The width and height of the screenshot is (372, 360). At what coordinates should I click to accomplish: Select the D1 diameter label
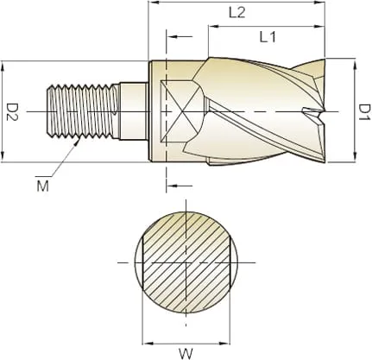coord(364,111)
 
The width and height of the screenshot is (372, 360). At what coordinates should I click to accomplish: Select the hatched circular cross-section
coord(187,262)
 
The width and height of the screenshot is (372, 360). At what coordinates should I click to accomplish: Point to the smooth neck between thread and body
coord(134,111)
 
